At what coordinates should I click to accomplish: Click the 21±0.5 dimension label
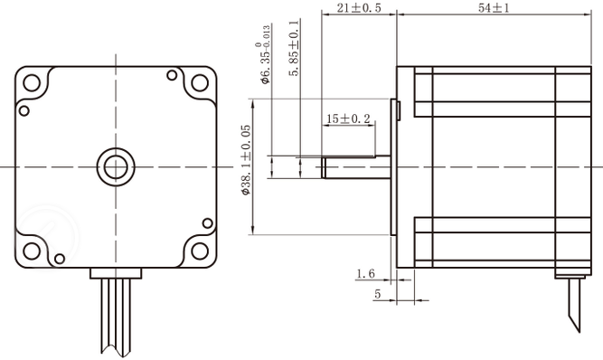coord(359,8)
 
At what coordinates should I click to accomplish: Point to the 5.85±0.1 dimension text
coord(296,49)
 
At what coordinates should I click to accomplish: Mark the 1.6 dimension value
coord(365,273)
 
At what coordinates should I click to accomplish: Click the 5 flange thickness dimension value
coord(377,295)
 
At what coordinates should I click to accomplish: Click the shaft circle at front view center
coord(115,166)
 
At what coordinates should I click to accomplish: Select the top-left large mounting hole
coord(33,84)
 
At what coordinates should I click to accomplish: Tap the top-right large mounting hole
coord(197,84)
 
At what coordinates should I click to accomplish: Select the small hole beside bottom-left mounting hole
coord(60,259)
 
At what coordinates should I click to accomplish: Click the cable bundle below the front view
coord(115,317)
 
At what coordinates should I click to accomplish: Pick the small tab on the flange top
coord(399,109)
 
